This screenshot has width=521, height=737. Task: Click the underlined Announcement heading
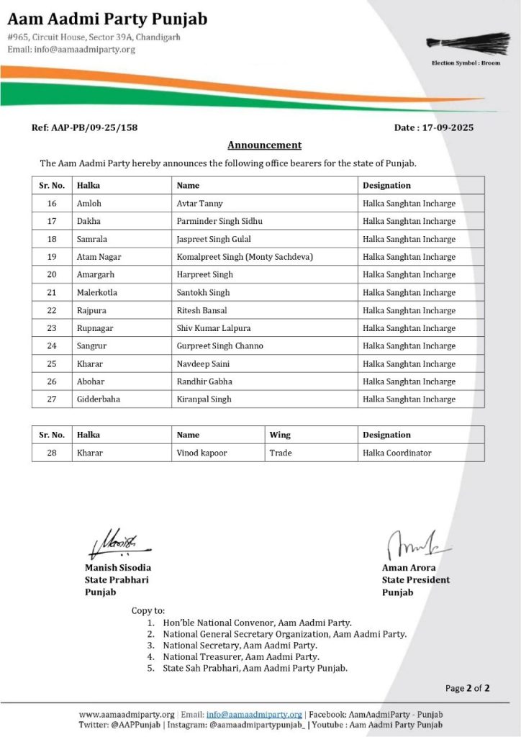(x=264, y=145)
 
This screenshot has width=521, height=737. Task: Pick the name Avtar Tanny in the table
(x=200, y=204)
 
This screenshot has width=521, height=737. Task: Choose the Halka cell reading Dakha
(x=89, y=221)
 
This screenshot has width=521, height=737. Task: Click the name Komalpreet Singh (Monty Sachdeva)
(x=245, y=257)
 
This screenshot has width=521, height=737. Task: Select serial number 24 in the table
(x=52, y=345)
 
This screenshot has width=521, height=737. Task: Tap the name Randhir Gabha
(x=204, y=381)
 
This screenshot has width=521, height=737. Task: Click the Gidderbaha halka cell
(x=98, y=399)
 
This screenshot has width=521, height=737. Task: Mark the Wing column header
(x=280, y=435)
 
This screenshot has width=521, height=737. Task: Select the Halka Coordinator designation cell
(x=397, y=453)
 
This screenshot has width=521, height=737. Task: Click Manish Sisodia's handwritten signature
(x=118, y=545)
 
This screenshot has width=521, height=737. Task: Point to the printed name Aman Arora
(x=409, y=567)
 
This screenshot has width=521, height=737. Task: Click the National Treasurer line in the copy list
(x=241, y=656)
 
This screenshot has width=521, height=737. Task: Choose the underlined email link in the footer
(x=254, y=714)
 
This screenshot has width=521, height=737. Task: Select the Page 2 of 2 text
(x=467, y=688)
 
